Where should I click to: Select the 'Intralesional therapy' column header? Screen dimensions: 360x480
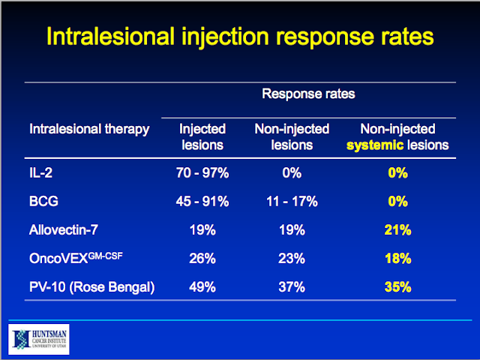pyautogui.click(x=89, y=129)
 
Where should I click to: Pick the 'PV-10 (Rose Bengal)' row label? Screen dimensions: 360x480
pyautogui.click(x=91, y=286)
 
